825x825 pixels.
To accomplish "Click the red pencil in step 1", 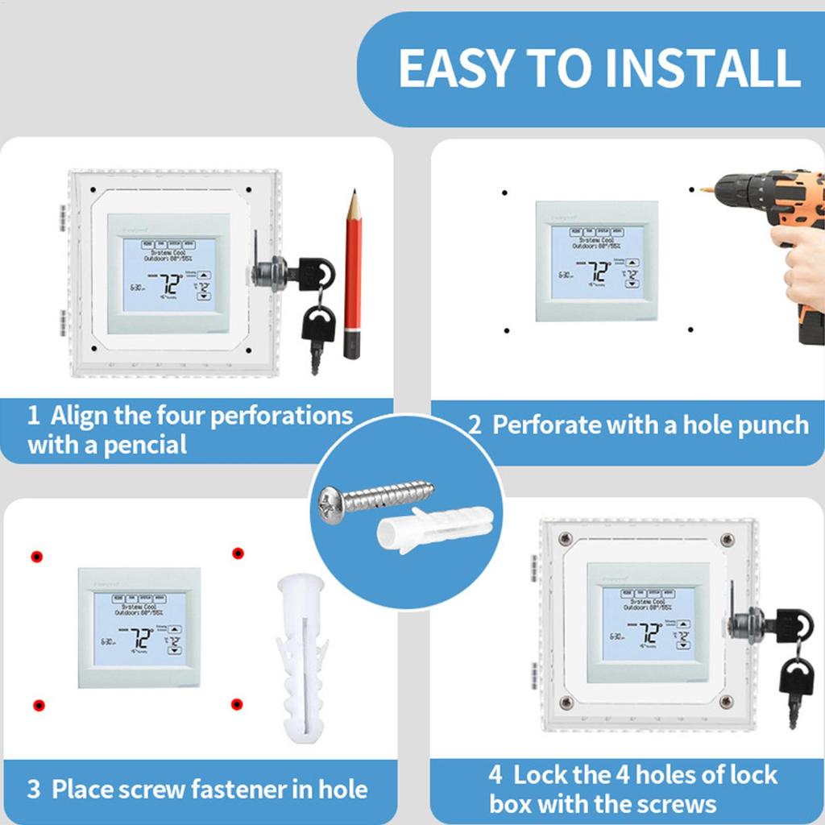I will coord(352,274).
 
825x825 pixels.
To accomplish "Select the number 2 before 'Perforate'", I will coord(475,425).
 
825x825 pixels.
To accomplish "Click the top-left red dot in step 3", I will coord(36,557).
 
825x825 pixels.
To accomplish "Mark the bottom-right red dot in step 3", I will coord(237,704).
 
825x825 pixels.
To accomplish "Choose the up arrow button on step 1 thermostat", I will coord(204,276).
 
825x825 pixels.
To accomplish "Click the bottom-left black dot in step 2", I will coord(506,330).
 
